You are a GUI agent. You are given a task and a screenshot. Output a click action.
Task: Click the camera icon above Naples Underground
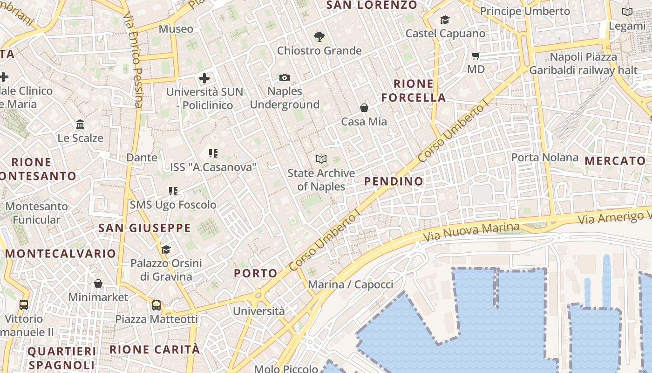285,77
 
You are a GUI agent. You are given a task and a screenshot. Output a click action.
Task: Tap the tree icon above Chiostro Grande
319,36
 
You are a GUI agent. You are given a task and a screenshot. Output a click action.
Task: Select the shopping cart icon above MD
476,56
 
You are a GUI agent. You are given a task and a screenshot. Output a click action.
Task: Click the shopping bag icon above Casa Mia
364,108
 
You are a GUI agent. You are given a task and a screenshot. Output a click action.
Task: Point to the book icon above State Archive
321,159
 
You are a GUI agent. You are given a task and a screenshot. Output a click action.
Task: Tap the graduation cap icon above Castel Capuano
445,20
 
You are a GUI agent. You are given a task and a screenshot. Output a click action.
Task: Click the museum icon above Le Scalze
80,124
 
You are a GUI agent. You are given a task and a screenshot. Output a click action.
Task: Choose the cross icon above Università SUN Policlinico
204,78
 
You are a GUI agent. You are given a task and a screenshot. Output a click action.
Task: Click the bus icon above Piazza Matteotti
156,305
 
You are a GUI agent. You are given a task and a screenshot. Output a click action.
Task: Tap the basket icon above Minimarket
98,283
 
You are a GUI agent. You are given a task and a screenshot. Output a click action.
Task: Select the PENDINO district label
394,181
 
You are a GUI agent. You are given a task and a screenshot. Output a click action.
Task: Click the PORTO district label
256,273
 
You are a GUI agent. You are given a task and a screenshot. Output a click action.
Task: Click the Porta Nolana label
545,158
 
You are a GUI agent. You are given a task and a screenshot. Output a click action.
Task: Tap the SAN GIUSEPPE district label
145,228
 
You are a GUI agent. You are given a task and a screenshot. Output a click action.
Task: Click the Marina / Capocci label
351,284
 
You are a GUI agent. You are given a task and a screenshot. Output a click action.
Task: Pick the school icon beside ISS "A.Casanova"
213,153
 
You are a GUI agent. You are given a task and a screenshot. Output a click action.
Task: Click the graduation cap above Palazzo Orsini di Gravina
166,249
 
